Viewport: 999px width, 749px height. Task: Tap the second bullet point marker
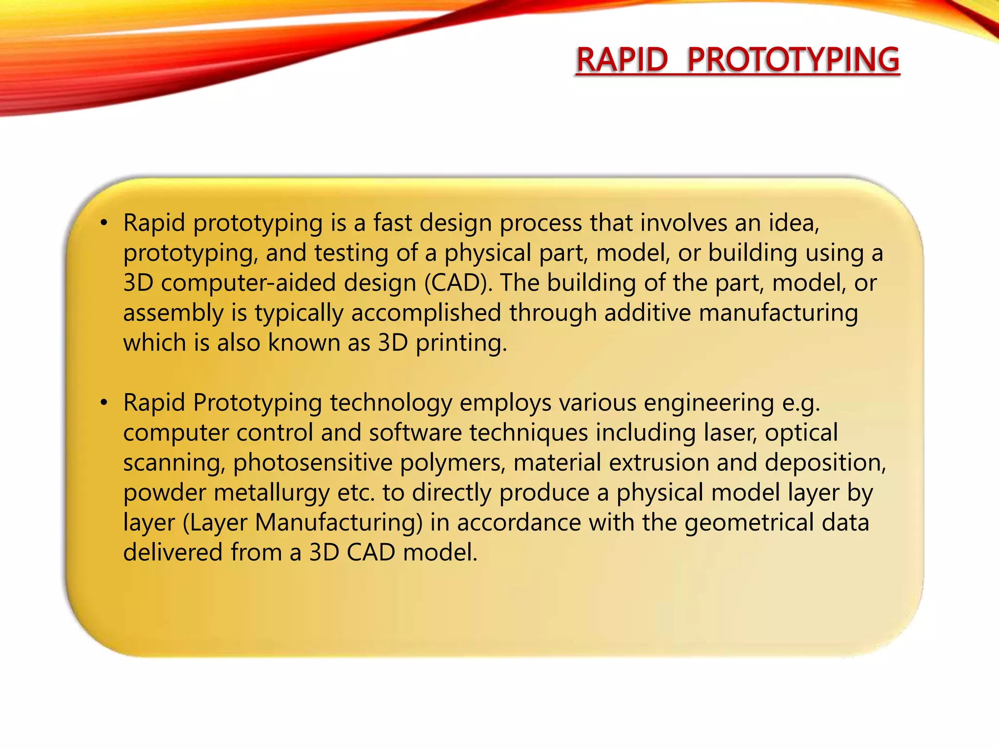[x=103, y=403]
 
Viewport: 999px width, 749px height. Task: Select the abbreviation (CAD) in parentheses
[x=458, y=283]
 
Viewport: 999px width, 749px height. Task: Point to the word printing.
[x=461, y=343]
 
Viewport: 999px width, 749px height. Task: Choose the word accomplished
[x=426, y=313]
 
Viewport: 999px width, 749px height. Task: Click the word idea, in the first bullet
[x=794, y=223]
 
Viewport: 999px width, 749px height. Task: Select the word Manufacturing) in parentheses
[x=339, y=522]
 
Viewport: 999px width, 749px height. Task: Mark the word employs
[x=505, y=403]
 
